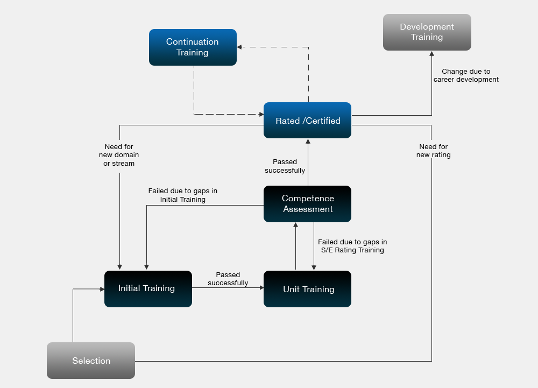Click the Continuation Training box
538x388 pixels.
[193, 47]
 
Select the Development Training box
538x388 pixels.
[427, 32]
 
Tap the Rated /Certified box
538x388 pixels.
[307, 121]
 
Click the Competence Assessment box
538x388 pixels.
[307, 204]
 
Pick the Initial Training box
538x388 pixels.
[148, 289]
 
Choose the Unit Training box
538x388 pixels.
[307, 289]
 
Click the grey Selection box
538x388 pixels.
[91, 361]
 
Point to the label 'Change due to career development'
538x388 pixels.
[466, 75]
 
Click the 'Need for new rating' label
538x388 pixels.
[433, 151]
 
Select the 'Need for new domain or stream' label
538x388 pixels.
[119, 155]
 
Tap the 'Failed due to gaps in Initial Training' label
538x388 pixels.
[182, 195]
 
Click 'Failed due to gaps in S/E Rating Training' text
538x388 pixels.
[352, 246]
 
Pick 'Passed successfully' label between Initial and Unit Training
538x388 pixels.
[228, 279]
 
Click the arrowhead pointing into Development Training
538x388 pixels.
[431, 54]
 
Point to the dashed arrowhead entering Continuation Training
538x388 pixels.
[240, 47]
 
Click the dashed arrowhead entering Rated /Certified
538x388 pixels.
[260, 114]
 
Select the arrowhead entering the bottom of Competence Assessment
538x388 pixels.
[295, 225]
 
